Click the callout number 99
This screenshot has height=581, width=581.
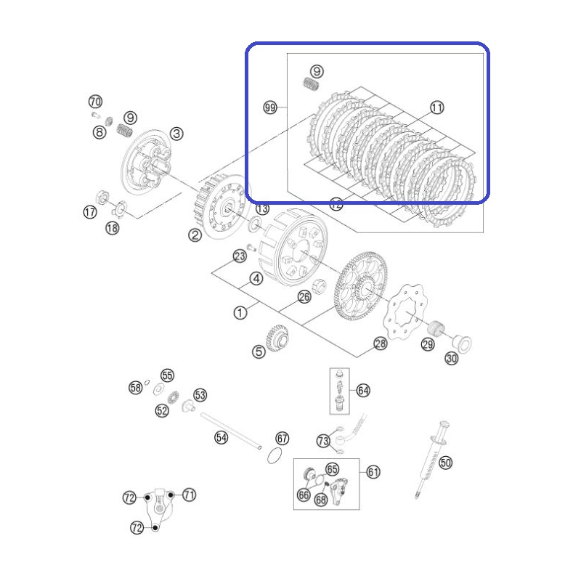[x=269, y=107]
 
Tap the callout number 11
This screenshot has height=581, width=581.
[x=437, y=107]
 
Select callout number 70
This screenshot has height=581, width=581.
[x=95, y=101]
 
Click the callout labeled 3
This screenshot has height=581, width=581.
[x=176, y=134]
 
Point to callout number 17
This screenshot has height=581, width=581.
[x=90, y=212]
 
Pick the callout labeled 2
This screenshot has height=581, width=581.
[x=195, y=235]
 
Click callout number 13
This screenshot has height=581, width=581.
[x=262, y=208]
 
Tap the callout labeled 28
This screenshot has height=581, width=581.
[x=381, y=344]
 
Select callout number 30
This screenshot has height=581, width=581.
[x=451, y=358]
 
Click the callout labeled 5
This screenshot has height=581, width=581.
[x=259, y=352]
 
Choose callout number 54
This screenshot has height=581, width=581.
[x=222, y=438]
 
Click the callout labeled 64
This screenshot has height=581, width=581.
[x=363, y=390]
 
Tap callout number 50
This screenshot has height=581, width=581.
[x=445, y=463]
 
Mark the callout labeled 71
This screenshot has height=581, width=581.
[x=189, y=495]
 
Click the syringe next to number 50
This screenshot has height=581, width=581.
[x=431, y=460]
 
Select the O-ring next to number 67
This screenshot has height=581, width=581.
[x=275, y=456]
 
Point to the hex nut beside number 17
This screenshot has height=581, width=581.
[x=102, y=197]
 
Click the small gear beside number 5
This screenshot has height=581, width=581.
[x=277, y=337]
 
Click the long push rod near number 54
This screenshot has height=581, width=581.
[x=231, y=431]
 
